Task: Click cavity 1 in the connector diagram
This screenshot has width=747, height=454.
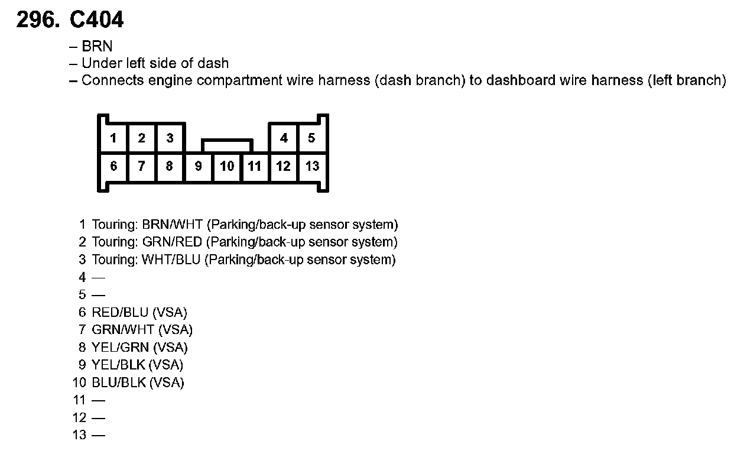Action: pyautogui.click(x=113, y=138)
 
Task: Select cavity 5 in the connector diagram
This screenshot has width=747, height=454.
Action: pyautogui.click(x=311, y=138)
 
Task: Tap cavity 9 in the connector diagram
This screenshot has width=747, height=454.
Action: pyautogui.click(x=199, y=167)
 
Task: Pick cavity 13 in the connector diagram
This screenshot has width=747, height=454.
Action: pyautogui.click(x=312, y=167)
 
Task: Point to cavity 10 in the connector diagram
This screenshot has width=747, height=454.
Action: pyautogui.click(x=227, y=167)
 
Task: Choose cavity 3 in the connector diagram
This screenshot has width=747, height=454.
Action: pyautogui.click(x=170, y=138)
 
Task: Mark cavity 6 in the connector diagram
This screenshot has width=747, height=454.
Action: pyautogui.click(x=113, y=167)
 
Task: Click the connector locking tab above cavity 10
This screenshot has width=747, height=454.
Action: pyautogui.click(x=227, y=145)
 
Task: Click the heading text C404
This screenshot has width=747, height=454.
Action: pyautogui.click(x=96, y=21)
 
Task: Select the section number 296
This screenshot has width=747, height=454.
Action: pyautogui.click(x=38, y=21)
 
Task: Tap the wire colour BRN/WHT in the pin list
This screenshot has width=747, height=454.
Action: pyautogui.click(x=173, y=225)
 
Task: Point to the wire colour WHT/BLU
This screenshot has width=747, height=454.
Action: pyautogui.click(x=171, y=260)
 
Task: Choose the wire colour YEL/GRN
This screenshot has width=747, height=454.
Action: pyautogui.click(x=120, y=348)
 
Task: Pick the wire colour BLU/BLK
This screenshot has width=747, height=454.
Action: pyautogui.click(x=119, y=382)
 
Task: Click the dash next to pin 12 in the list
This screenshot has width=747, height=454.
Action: pyautogui.click(x=99, y=418)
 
